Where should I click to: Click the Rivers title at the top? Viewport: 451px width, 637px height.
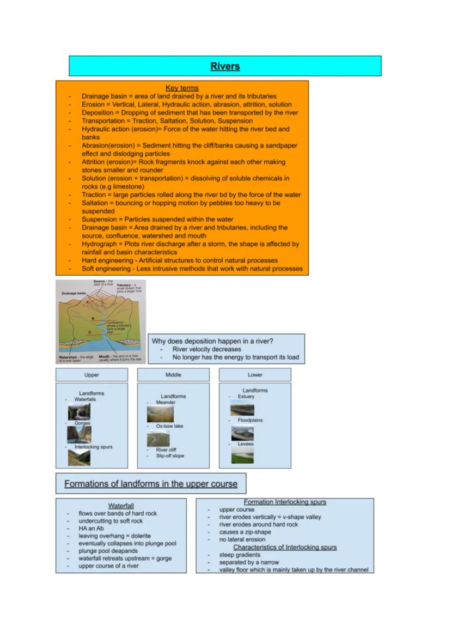pos(225,66)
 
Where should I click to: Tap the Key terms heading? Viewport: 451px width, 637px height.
pos(182,88)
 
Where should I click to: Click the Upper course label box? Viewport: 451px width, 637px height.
pos(92,375)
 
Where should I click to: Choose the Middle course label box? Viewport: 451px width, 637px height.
pos(173,375)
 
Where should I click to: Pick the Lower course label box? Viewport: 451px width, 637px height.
pos(255,375)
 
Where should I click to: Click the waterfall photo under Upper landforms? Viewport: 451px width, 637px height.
pos(79,411)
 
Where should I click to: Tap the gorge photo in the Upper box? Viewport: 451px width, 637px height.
pos(79,434)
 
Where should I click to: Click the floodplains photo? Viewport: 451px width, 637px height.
pos(242,433)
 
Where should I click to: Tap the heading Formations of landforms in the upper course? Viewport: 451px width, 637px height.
pos(151,484)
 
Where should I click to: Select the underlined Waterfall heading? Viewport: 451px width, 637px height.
pos(121,506)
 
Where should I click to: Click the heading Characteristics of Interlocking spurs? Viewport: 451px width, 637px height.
pos(285,547)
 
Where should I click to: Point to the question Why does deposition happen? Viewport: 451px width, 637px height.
pos(212,341)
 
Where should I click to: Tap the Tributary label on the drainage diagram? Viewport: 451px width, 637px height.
pos(127,285)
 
